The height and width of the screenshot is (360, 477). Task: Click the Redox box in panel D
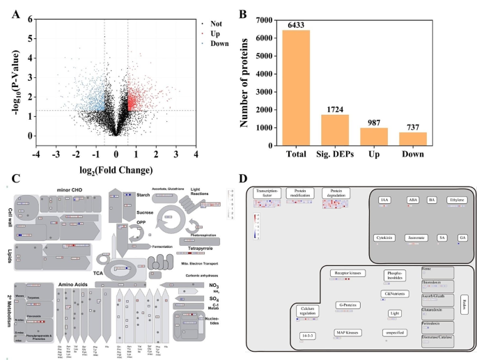(464, 300)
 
